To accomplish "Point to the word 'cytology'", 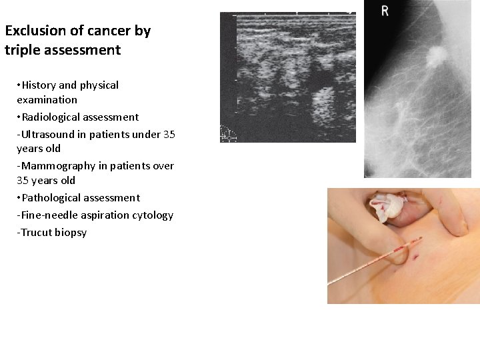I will tap(154, 215).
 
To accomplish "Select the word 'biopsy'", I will tap(71, 233).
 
